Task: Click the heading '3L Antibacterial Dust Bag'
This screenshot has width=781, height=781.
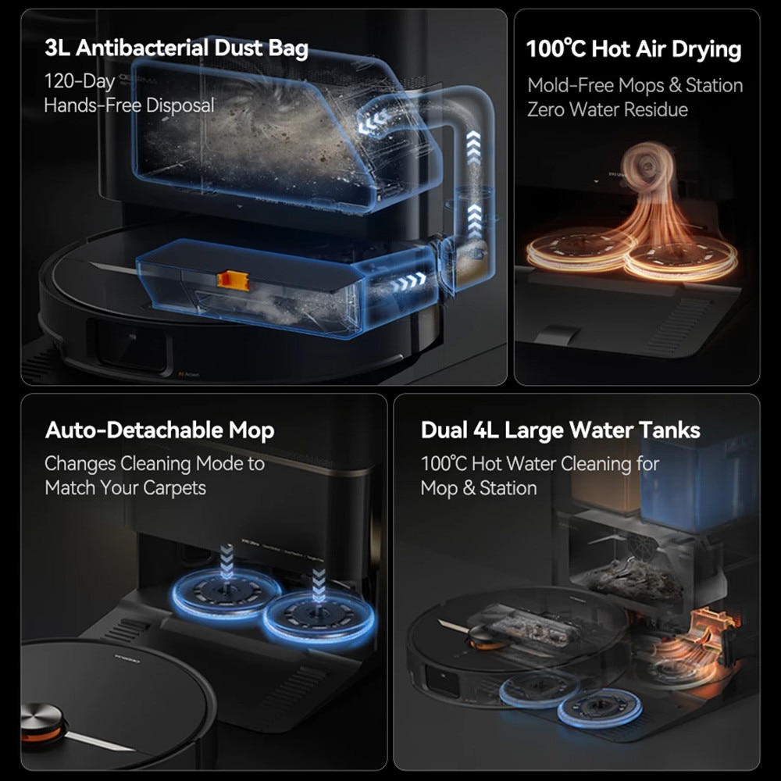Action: click(177, 48)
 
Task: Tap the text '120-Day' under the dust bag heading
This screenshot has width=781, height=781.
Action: click(80, 80)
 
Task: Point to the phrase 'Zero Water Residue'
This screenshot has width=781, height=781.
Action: click(607, 109)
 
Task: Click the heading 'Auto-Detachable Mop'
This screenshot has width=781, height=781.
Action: click(159, 430)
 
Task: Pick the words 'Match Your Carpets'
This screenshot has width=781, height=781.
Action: click(125, 488)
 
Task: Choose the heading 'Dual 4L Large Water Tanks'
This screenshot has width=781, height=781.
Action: click(560, 430)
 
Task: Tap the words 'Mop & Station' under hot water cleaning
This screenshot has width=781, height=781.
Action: click(478, 488)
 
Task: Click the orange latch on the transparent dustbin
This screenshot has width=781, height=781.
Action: click(231, 278)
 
